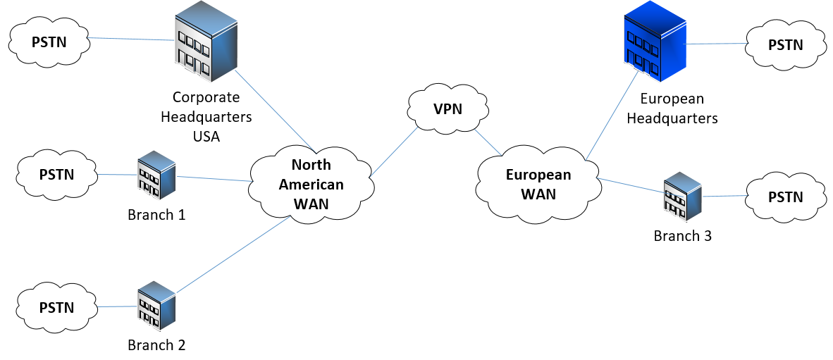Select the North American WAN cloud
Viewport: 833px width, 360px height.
pos(311,185)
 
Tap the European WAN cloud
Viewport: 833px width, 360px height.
pos(538,185)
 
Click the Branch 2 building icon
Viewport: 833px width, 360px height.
pos(156,306)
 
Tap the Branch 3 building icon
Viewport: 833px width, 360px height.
pos(682,197)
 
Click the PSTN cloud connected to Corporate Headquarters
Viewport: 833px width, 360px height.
pos(49,42)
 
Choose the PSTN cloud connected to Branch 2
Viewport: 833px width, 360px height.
pos(56,307)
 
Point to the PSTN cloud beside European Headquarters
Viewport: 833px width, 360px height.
pos(785,45)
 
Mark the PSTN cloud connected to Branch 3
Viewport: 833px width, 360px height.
pos(785,197)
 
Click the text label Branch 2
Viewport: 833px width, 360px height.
pos(156,345)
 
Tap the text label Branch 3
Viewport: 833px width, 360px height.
pos(682,236)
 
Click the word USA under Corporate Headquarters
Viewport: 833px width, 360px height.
pos(206,136)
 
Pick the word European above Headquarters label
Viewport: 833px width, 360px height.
pos(672,99)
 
